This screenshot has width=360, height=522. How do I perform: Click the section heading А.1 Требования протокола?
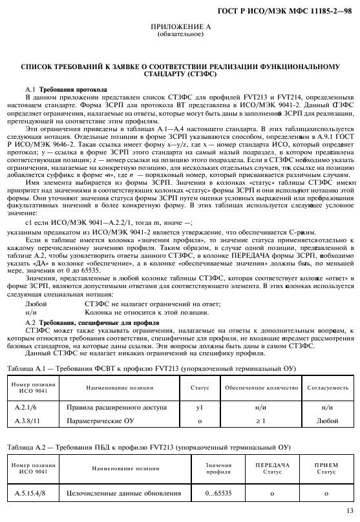[x=65, y=89]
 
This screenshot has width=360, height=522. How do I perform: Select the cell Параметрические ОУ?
[x=97, y=421]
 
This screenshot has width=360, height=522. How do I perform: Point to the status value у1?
[x=200, y=408]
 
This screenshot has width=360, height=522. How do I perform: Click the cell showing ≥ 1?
[x=261, y=421]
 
